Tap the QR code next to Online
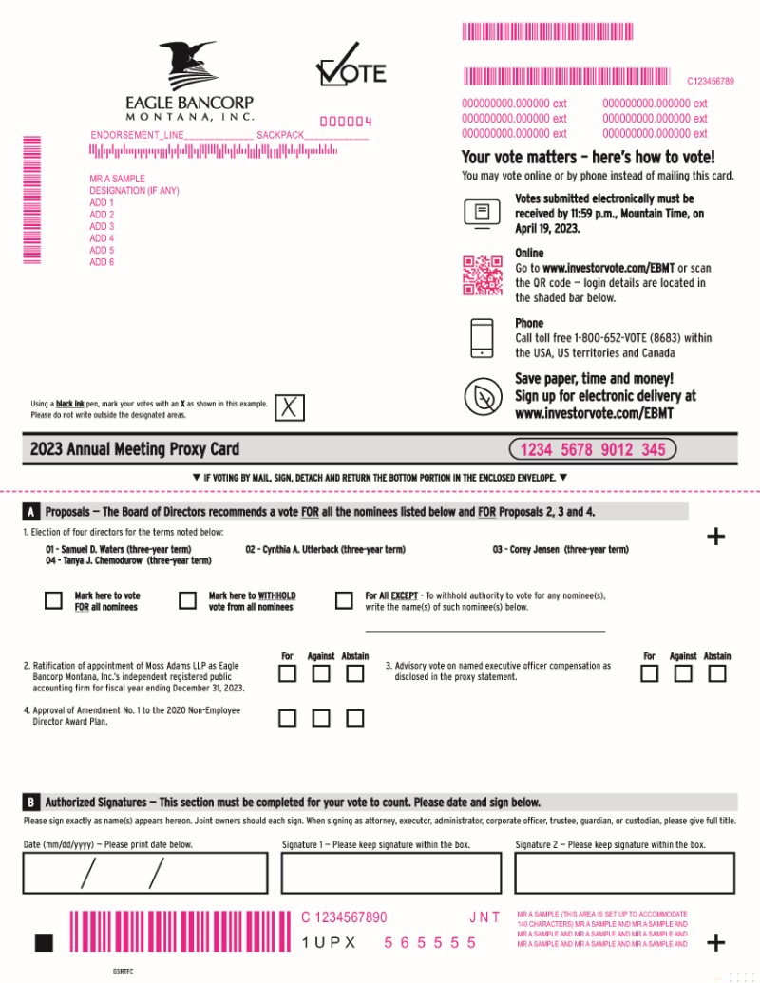pyautogui.click(x=483, y=274)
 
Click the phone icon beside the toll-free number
pyautogui.click(x=482, y=338)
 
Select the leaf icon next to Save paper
pyautogui.click(x=483, y=396)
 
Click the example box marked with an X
pyautogui.click(x=289, y=407)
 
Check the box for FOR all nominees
pyautogui.click(x=53, y=600)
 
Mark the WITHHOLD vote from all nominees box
pyautogui.click(x=187, y=600)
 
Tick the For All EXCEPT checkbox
pyautogui.click(x=344, y=600)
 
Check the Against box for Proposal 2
pyautogui.click(x=321, y=673)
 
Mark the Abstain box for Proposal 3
pyautogui.click(x=716, y=673)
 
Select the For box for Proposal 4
pyautogui.click(x=287, y=718)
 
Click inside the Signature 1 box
pyautogui.click(x=391, y=873)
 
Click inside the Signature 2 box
pyautogui.click(x=624, y=873)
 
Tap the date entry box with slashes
pyautogui.click(x=144, y=873)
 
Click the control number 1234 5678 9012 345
pyautogui.click(x=593, y=449)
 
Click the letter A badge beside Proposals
pyautogui.click(x=30, y=512)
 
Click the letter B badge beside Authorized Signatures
pyautogui.click(x=30, y=802)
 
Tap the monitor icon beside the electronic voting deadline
pyautogui.click(x=482, y=213)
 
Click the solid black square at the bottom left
pyautogui.click(x=44, y=942)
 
